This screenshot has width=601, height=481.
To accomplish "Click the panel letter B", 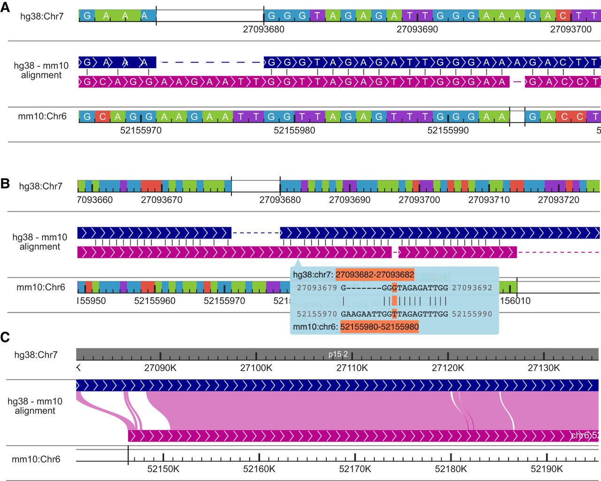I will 5,183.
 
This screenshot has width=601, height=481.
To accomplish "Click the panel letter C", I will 5,337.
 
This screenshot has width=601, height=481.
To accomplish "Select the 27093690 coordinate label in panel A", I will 417,29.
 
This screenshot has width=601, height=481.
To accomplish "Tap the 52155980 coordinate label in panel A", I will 294,130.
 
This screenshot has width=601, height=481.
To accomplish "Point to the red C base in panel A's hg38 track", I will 563,16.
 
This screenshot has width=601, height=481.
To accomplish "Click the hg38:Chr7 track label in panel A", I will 42,16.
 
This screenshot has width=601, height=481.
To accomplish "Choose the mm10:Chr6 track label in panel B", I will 41,287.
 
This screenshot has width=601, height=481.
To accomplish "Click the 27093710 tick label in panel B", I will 489,200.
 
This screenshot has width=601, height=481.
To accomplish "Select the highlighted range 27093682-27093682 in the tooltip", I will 375,274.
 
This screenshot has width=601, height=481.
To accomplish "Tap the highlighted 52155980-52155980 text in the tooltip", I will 379,326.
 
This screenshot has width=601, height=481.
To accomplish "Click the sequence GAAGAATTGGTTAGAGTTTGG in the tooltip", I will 394,314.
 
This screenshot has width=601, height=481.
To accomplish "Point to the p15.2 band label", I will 338,354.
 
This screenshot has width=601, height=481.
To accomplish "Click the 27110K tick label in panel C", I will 352,368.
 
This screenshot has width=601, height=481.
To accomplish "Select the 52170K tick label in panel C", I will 355,469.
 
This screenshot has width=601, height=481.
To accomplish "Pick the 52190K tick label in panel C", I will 547,469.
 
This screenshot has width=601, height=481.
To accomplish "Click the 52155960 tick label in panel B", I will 154,301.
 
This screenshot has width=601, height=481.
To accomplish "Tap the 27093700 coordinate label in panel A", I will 570,29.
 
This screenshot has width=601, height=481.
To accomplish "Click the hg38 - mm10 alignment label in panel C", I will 35,406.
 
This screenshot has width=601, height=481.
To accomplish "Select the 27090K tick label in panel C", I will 160,368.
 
